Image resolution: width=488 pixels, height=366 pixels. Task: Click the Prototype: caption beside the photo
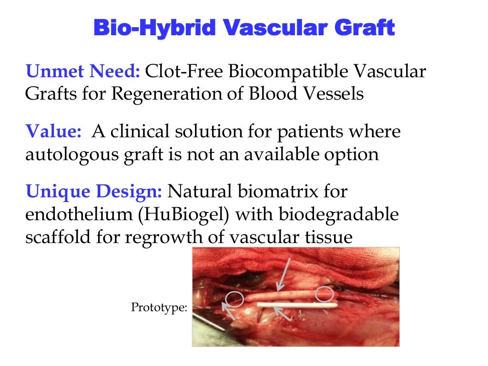(x=159, y=308)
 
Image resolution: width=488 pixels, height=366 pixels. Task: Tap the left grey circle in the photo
(x=235, y=299)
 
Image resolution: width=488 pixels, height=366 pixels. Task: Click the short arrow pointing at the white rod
(x=283, y=315)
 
